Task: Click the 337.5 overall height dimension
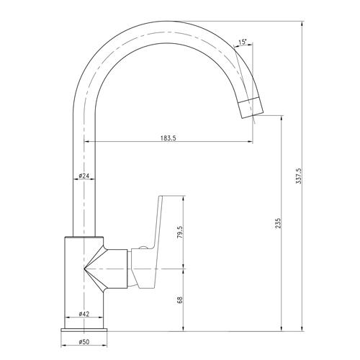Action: (x=299, y=176)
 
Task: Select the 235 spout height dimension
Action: (x=278, y=223)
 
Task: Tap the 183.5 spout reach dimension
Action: (x=168, y=138)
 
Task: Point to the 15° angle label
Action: (x=243, y=42)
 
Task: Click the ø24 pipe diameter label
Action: (x=84, y=176)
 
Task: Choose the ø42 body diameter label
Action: (x=84, y=314)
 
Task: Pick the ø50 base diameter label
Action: (x=84, y=342)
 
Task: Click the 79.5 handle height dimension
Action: (x=180, y=232)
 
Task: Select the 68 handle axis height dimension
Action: (x=180, y=300)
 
